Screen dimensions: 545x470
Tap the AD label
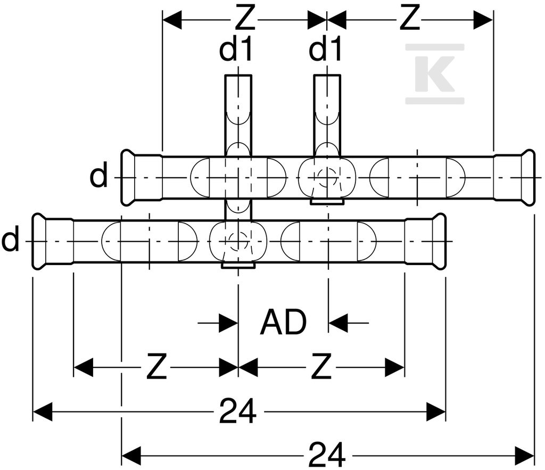pos(284,322)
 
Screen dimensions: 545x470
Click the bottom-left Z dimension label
pos(157,366)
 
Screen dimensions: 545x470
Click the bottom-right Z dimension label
pos(321,366)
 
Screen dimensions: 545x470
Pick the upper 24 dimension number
pos(238,411)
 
